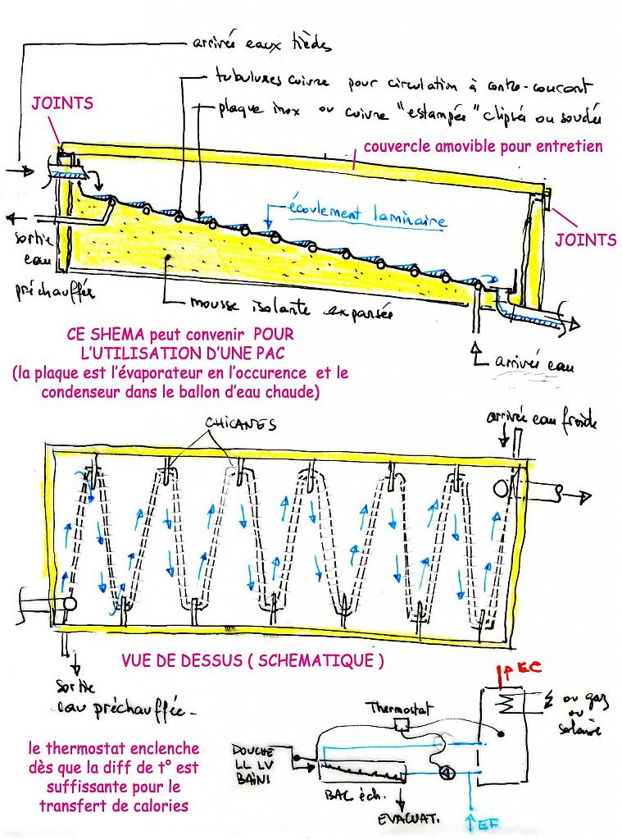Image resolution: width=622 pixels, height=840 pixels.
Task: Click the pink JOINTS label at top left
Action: [62, 103]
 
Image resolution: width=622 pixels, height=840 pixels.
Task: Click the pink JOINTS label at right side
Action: [585, 240]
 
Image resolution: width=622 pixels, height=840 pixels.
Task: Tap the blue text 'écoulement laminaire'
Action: [367, 215]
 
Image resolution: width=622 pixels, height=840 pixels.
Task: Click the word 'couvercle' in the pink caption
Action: [395, 147]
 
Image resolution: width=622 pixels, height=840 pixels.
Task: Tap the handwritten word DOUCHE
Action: [253, 751]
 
